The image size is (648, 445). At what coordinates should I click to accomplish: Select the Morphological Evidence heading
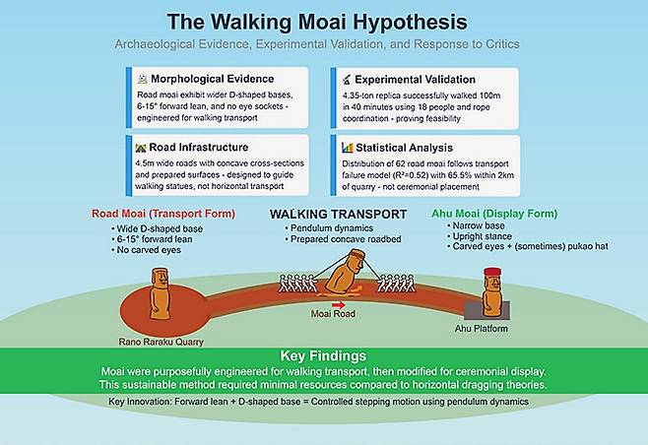coord(212,79)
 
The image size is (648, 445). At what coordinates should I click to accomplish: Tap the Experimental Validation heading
coord(415,80)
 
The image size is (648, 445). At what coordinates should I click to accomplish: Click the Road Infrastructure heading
coord(198,147)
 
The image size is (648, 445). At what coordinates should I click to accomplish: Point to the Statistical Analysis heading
coord(404,148)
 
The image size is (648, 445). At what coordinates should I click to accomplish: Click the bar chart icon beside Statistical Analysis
coord(347,148)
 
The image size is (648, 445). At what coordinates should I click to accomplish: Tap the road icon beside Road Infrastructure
coord(141,148)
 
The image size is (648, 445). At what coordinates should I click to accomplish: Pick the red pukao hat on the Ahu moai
coord(492,272)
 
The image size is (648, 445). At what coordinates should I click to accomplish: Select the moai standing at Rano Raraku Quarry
coord(160,293)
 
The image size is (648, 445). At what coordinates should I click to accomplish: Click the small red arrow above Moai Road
coord(339,305)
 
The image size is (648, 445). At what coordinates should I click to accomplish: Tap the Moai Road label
coord(333,314)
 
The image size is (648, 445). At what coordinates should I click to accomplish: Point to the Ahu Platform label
coord(481,329)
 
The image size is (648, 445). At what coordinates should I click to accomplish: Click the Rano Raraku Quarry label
coord(162,342)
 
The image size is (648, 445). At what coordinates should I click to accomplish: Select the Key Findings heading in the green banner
coord(323,355)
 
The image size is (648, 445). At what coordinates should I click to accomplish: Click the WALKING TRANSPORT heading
coord(338,214)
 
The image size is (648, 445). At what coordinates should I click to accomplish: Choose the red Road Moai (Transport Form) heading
coord(163,214)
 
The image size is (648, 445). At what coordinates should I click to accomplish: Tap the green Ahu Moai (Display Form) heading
coord(494,214)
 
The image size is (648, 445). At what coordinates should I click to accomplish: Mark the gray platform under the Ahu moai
coord(486,310)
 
